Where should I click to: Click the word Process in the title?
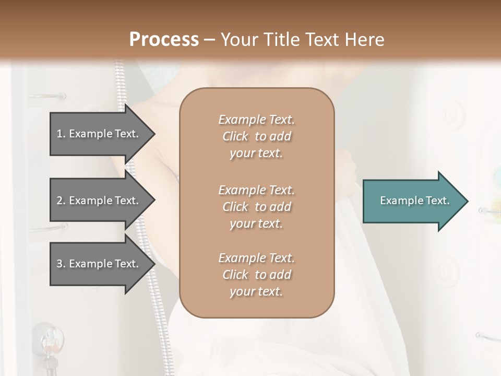[164, 39]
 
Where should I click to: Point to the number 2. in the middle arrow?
[61, 201]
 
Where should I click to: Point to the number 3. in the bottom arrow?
[61, 264]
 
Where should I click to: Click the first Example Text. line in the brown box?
[256, 120]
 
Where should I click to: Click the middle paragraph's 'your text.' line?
[256, 224]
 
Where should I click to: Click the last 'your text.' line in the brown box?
[256, 291]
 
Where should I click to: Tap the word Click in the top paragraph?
[235, 136]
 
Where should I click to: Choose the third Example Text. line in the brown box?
[256, 258]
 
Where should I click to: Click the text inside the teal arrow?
[415, 201]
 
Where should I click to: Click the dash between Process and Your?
[210, 40]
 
